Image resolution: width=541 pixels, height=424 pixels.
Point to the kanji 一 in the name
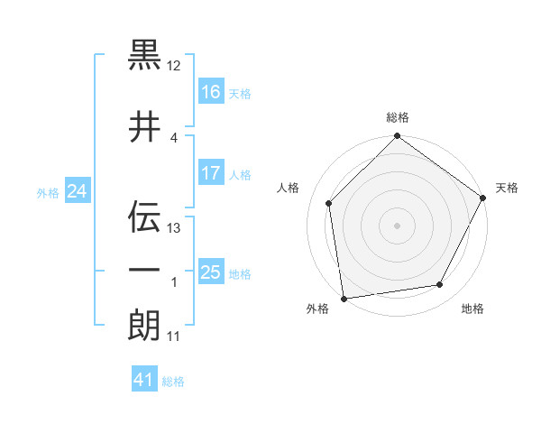pos(144,271)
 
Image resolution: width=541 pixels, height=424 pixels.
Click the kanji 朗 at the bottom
pos(144,325)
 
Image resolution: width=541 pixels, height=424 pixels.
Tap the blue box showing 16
pos(211,91)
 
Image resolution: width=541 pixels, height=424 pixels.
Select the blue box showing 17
pos(211,173)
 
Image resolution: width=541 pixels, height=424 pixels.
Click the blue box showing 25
pos(211,272)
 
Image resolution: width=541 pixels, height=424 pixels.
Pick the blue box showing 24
pos(78,191)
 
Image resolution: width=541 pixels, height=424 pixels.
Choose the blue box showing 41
pos(144,380)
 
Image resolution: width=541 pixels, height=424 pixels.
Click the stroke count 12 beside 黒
pos(174,66)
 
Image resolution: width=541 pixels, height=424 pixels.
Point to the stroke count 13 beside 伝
pos(174,228)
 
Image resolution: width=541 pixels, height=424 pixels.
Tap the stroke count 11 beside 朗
pos(174,336)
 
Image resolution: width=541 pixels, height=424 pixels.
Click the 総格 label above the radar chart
pos(398,118)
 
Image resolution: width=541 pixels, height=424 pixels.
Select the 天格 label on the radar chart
pos(507,188)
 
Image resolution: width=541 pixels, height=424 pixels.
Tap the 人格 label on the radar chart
pos(289,188)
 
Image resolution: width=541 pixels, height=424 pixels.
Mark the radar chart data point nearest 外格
pos(343,298)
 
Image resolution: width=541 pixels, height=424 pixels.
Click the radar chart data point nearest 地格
pos(440,284)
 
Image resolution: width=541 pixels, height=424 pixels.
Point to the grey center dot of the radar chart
pos(397,225)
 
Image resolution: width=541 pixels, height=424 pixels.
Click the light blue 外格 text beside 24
pos(48,192)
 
